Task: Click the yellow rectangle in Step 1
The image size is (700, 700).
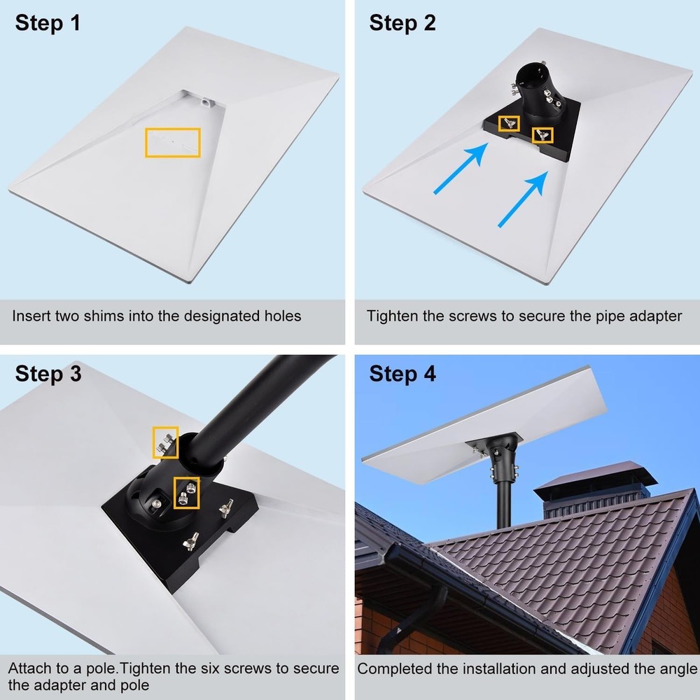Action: tap(172, 142)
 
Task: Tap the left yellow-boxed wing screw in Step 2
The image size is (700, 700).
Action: tap(509, 124)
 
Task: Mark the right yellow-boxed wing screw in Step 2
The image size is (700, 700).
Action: tap(542, 134)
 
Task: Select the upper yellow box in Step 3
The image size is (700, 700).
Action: tap(165, 442)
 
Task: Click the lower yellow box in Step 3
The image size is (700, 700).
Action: tap(187, 493)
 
